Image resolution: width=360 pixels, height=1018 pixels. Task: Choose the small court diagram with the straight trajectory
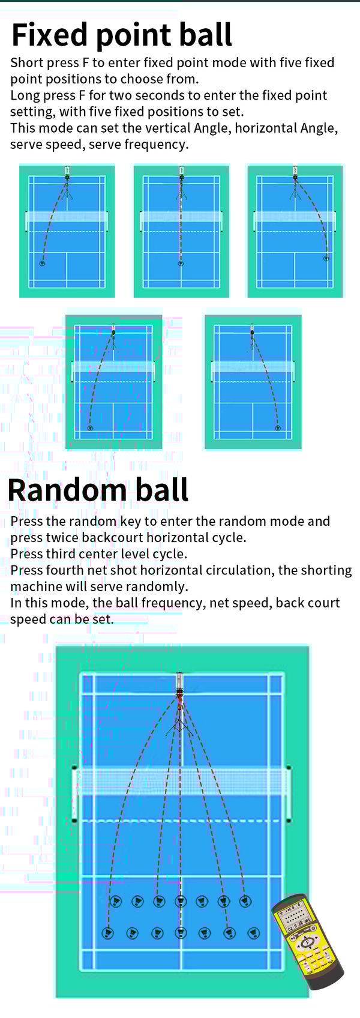181,230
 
